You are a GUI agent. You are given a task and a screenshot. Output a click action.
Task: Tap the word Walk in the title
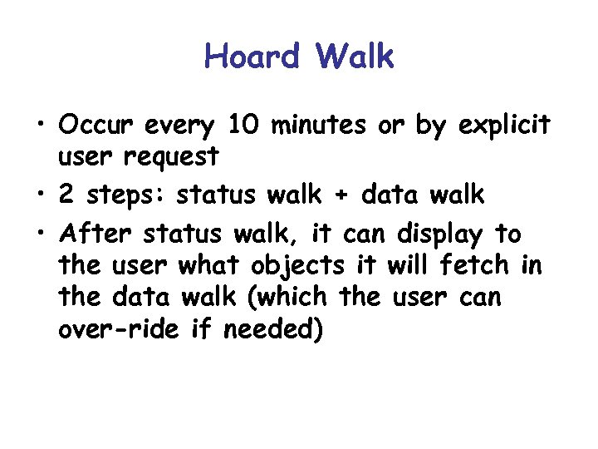coord(355,57)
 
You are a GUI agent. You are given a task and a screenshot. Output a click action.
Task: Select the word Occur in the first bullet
coord(96,126)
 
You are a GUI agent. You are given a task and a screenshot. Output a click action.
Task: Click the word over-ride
coord(111,330)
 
